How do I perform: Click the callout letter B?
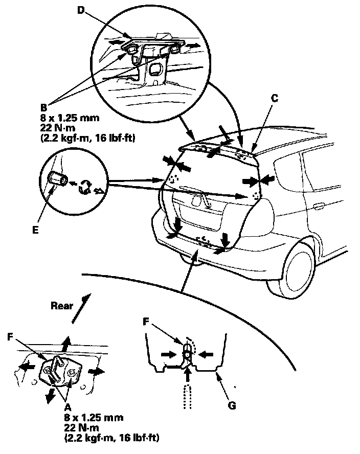pos(44,109)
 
